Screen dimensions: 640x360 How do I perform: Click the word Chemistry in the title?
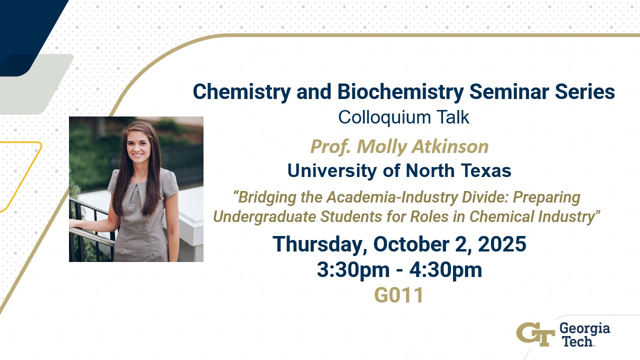pyautogui.click(x=241, y=92)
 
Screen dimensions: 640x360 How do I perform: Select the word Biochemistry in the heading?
pyautogui.click(x=400, y=92)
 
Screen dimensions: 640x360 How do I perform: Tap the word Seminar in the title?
pyautogui.click(x=508, y=91)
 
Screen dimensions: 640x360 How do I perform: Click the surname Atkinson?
pyautogui.click(x=450, y=146)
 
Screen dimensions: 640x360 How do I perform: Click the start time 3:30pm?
pyautogui.click(x=353, y=270)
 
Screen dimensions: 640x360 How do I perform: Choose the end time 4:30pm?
pyautogui.click(x=445, y=270)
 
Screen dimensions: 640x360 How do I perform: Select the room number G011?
pyautogui.click(x=399, y=295)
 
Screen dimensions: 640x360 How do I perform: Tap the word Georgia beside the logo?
pyautogui.click(x=584, y=329)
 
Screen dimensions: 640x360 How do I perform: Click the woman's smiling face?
pyautogui.click(x=138, y=146)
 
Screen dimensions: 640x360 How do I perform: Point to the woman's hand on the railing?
pyautogui.click(x=75, y=223)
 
